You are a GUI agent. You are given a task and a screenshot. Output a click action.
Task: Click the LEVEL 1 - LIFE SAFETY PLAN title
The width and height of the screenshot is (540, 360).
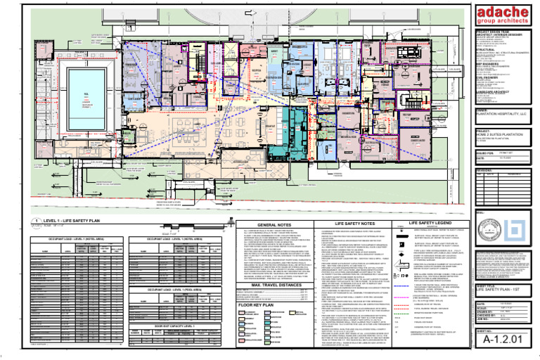[x=76, y=219]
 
